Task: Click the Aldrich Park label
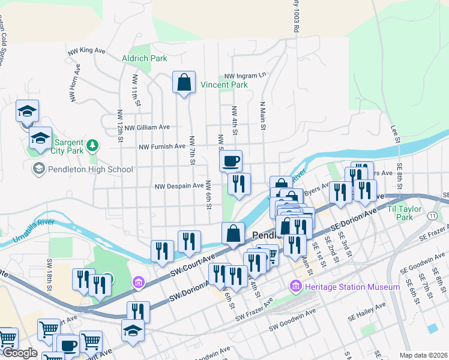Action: click(144, 58)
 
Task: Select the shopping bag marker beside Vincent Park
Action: click(184, 83)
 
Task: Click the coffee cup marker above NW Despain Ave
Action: click(231, 161)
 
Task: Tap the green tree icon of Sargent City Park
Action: click(92, 145)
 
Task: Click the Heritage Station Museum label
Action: click(352, 287)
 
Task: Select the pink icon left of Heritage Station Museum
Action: click(295, 287)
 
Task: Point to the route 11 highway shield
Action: click(432, 214)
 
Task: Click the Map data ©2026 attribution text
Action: click(423, 355)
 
